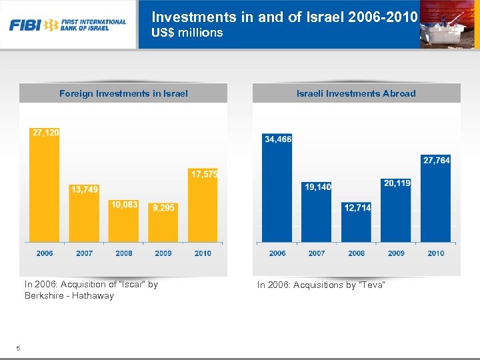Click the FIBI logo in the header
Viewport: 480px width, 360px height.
tap(67, 25)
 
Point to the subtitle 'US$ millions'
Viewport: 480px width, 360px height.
tap(187, 33)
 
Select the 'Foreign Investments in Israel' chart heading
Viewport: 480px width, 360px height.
tap(123, 93)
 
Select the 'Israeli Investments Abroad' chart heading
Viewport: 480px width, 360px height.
tap(356, 93)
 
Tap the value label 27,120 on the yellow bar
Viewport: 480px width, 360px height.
tap(45, 133)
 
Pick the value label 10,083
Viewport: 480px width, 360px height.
tap(124, 205)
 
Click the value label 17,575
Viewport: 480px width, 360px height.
tap(205, 174)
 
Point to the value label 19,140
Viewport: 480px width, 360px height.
tap(317, 187)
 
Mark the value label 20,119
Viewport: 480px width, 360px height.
tap(397, 183)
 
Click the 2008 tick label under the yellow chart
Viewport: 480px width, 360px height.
tap(124, 253)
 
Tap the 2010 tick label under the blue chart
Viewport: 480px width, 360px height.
tap(436, 253)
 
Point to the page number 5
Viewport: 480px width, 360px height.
tap(19, 347)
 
